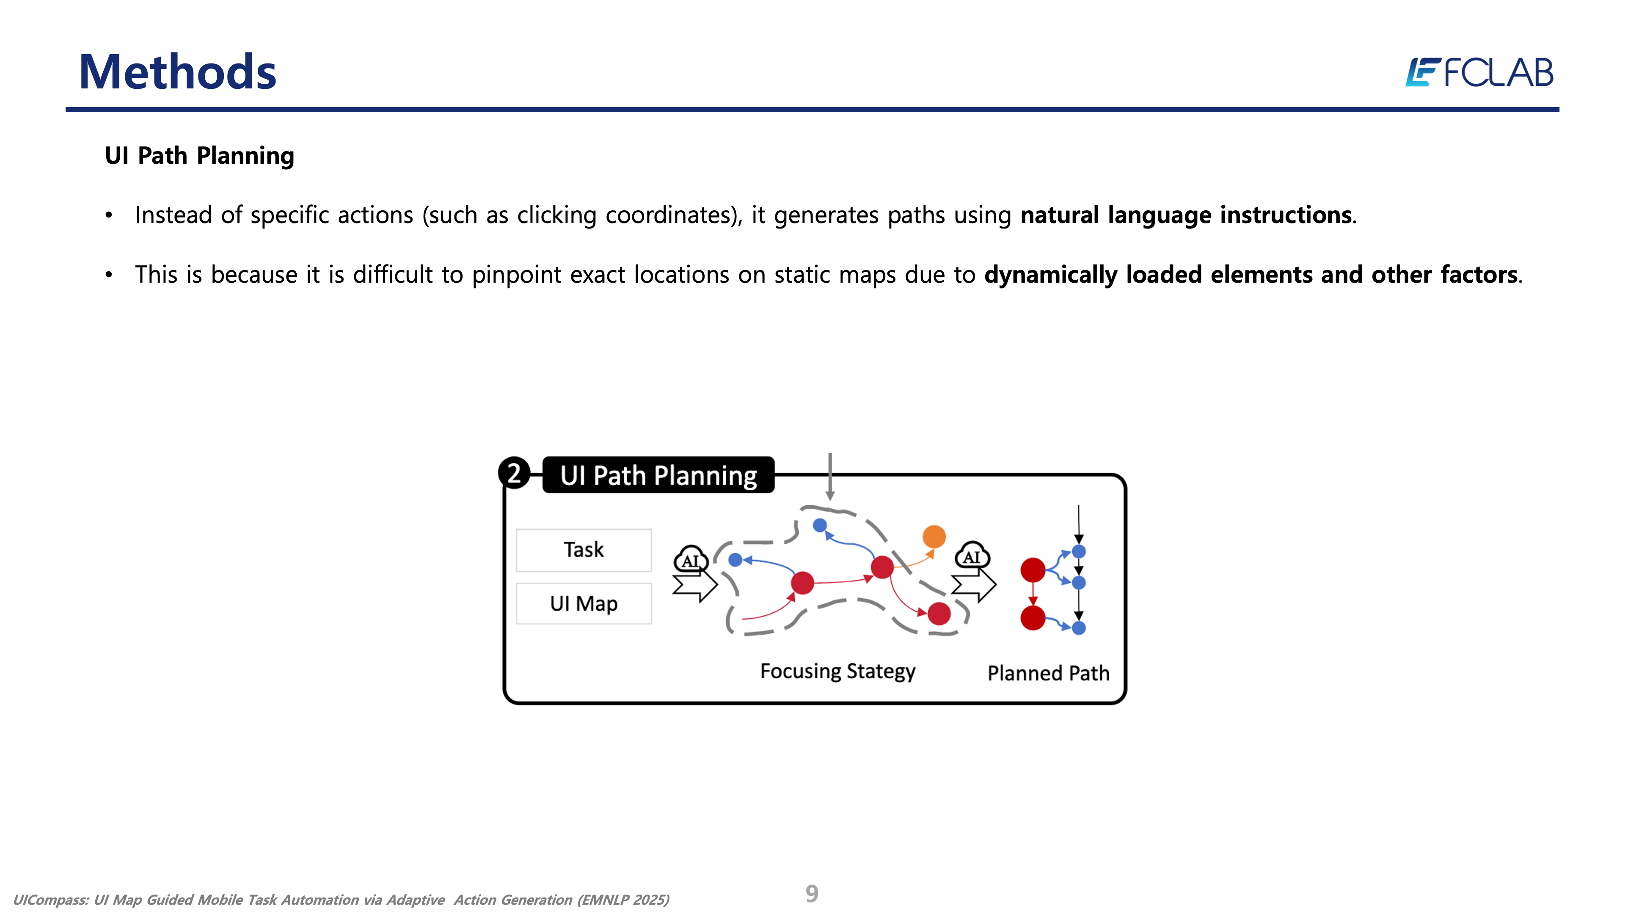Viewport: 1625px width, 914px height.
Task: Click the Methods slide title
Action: pos(177,72)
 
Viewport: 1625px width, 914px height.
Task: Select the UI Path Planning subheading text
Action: pos(199,156)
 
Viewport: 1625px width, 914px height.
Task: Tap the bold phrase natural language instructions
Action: pos(1186,215)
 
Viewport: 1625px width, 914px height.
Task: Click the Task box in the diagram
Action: pos(584,549)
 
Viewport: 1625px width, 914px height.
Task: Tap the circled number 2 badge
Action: pos(514,473)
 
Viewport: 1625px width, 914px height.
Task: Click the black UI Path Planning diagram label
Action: pos(658,475)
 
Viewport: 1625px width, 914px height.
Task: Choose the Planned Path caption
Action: pos(1048,673)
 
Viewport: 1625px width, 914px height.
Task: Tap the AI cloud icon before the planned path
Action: pos(972,556)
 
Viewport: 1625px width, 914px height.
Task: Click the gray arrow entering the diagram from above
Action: pos(830,476)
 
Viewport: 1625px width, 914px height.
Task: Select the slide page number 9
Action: pos(812,893)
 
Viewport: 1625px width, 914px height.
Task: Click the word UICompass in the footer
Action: pos(50,900)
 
